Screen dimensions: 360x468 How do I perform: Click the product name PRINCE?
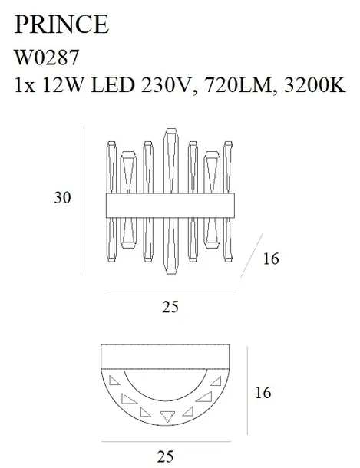point(61,25)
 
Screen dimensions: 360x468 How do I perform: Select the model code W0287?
point(47,58)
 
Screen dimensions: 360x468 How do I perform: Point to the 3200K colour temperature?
point(315,85)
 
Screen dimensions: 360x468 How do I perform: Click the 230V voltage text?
point(165,85)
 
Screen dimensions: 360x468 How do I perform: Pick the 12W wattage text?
point(62,85)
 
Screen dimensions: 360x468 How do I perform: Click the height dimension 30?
point(62,198)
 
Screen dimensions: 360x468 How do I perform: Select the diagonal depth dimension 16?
point(271,259)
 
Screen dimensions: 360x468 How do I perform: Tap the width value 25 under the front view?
point(170,307)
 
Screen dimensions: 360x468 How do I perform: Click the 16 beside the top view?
point(263,393)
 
